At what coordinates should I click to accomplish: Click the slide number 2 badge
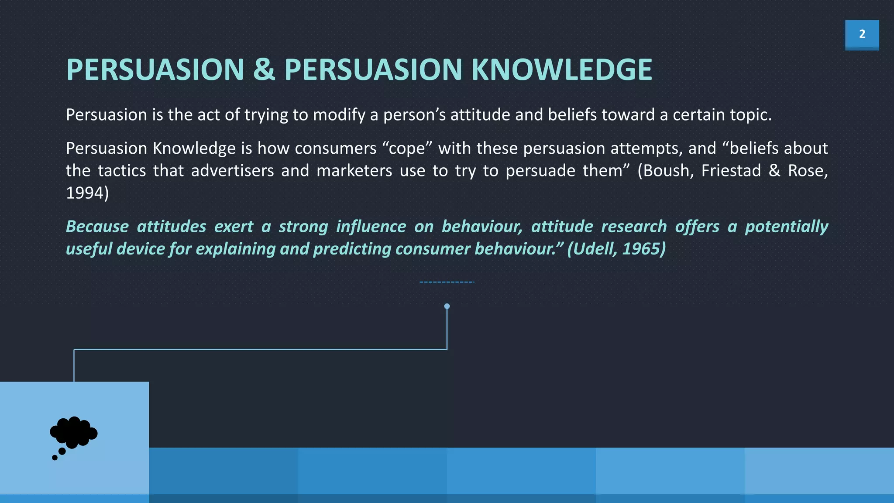pos(862,34)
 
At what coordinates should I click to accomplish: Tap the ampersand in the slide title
pos(264,70)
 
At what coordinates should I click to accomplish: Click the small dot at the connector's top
pos(447,306)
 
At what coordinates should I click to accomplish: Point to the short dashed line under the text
pos(447,282)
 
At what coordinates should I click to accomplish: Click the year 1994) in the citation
pos(87,193)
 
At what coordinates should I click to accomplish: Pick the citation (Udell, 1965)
pos(616,248)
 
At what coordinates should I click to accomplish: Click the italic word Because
pos(97,226)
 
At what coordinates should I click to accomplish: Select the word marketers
pos(354,170)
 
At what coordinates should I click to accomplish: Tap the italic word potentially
pos(786,226)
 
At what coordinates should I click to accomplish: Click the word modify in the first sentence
pos(339,115)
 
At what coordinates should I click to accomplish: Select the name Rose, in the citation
pos(807,170)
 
